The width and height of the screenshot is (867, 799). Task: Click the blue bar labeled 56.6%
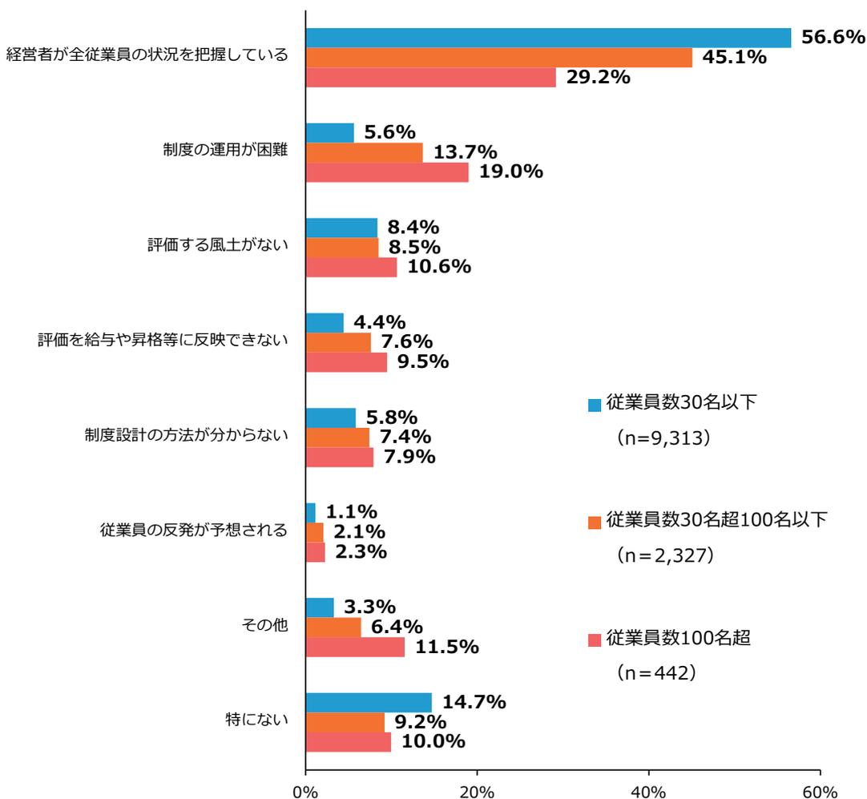click(548, 38)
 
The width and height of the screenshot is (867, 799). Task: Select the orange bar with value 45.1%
click(498, 58)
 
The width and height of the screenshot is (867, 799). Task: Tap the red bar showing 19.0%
click(387, 172)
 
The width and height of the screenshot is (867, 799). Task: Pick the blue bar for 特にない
click(369, 703)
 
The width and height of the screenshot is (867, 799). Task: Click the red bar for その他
click(355, 647)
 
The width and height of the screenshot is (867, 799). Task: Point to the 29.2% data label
click(598, 78)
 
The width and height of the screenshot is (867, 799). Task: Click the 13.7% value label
click(466, 153)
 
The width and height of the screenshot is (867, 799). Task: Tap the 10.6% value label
click(439, 267)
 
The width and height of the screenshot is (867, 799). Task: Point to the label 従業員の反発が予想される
click(193, 531)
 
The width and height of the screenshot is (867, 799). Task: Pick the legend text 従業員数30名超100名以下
click(716, 520)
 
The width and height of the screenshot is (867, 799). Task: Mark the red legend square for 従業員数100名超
click(594, 640)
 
